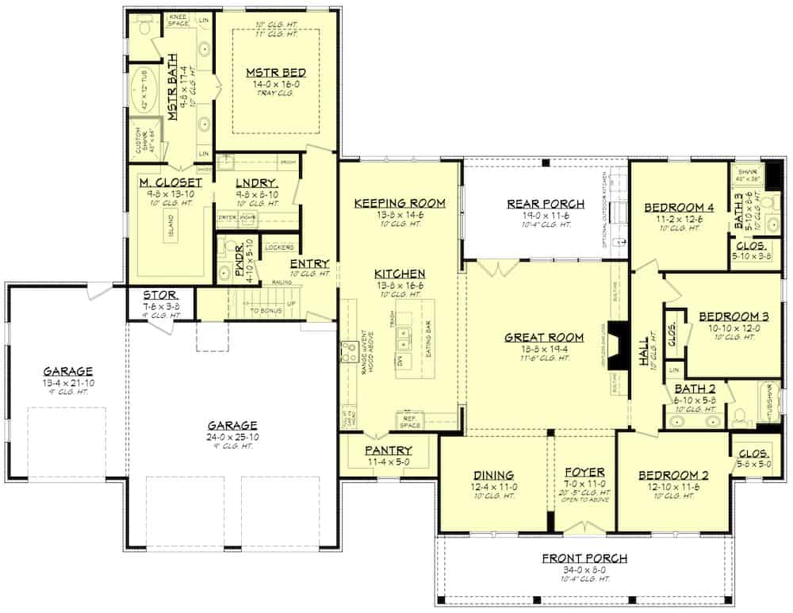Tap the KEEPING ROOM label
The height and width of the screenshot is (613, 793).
[x=400, y=203]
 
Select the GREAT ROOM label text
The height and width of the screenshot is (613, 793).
[x=544, y=337]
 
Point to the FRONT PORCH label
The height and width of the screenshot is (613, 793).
[x=584, y=558]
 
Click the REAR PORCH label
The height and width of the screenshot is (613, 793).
[x=546, y=204]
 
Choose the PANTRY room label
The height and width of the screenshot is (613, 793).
[x=389, y=450]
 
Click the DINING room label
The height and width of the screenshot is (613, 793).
[x=493, y=476]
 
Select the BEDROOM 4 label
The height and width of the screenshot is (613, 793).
[x=679, y=208]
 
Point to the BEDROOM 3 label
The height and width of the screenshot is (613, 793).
[x=729, y=316]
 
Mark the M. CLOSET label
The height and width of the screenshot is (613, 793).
[x=170, y=182]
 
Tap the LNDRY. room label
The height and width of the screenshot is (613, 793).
[x=256, y=182]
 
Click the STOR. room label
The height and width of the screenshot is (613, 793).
[x=161, y=294]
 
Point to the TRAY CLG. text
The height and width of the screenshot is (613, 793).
[x=276, y=94]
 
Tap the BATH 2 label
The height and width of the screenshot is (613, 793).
[x=695, y=389]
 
